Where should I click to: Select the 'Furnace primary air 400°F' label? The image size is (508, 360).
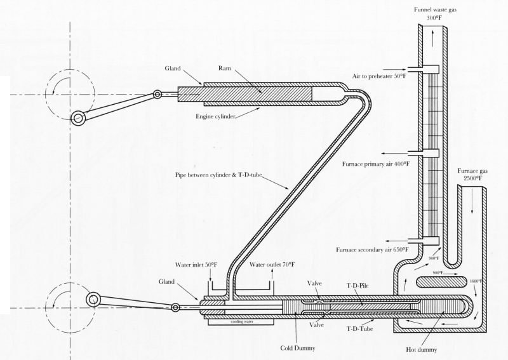point(377,164)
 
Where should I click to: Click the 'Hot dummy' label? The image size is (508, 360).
point(423,349)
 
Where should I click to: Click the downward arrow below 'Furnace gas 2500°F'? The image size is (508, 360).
point(468,202)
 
